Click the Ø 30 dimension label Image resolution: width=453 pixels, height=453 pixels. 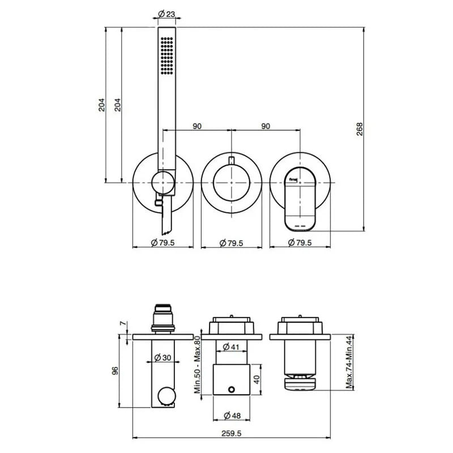click(x=164, y=357)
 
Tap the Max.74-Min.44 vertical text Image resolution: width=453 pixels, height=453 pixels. click(x=350, y=362)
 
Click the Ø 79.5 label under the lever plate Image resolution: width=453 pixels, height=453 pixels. click(x=300, y=243)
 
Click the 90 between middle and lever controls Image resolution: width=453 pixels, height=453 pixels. click(x=266, y=126)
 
